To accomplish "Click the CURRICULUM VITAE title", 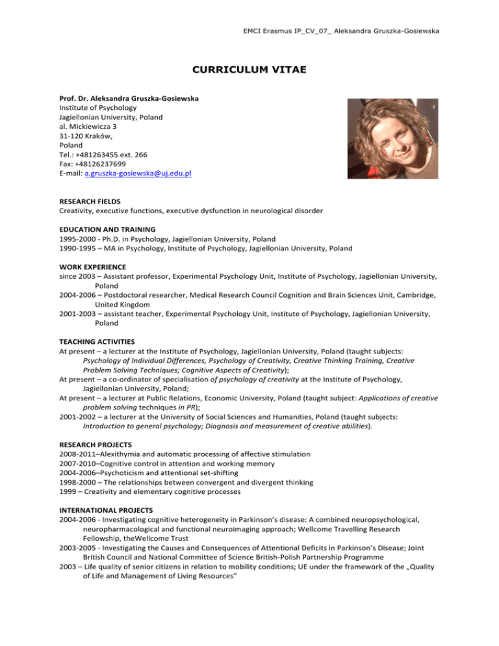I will click(x=249, y=65).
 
